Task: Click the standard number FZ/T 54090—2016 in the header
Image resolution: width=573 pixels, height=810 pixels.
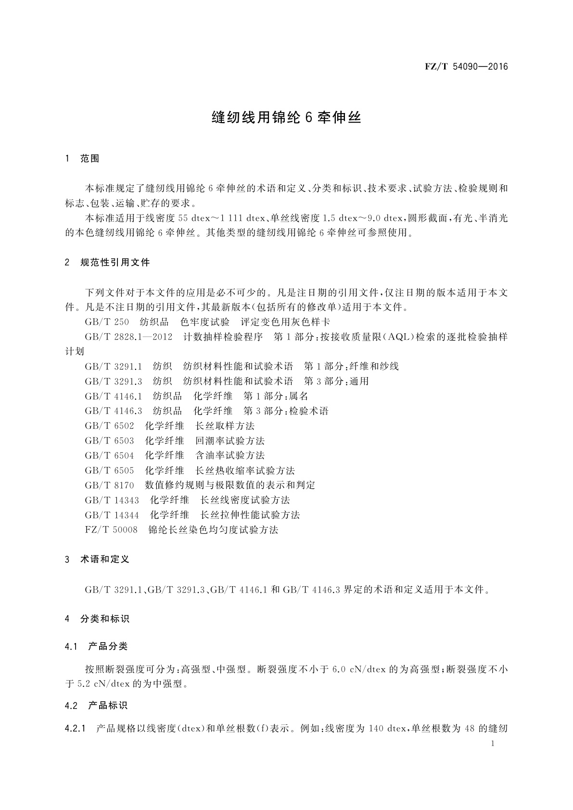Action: pos(466,67)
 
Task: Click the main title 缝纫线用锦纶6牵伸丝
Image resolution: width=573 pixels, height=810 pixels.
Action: pos(286,118)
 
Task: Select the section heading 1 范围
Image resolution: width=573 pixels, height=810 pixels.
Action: pos(82,159)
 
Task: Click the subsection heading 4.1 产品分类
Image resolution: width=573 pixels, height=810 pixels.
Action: pos(96,646)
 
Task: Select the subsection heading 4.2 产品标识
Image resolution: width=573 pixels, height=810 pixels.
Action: pos(96,706)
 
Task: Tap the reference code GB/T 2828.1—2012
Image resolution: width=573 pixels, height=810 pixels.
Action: pos(128,337)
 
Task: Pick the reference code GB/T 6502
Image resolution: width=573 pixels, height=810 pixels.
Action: pos(109,426)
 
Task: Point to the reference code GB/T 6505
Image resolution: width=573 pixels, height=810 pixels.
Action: pos(109,470)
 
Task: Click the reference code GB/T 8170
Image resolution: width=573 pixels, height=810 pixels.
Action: pos(109,485)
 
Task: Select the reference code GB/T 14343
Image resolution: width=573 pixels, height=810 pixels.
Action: pos(112,500)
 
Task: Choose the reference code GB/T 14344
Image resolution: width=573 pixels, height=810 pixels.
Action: pos(112,515)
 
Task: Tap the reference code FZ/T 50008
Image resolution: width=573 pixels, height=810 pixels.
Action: pos(111,530)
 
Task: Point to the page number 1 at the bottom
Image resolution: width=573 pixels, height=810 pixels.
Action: pos(492,744)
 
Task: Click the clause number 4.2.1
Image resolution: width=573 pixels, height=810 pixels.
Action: pos(75,729)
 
